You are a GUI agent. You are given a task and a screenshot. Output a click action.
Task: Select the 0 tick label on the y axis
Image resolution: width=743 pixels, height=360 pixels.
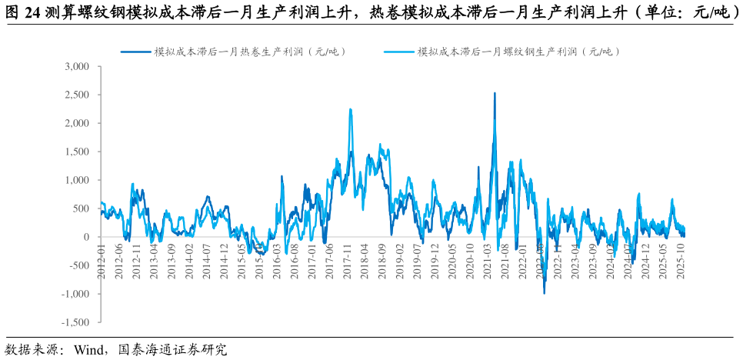pos(86,237)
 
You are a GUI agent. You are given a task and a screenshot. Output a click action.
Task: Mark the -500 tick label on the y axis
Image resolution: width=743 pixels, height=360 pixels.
pos(79,265)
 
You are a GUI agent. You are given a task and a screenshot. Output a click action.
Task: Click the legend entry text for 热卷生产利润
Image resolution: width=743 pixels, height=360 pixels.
pos(250,52)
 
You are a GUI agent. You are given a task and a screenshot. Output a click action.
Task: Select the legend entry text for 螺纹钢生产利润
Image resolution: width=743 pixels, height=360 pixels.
pos(518,52)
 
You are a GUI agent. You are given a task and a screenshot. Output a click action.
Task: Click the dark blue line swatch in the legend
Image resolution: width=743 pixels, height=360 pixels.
pos(135,52)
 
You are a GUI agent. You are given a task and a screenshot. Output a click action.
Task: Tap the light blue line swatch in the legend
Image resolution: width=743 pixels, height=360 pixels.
pos(399,52)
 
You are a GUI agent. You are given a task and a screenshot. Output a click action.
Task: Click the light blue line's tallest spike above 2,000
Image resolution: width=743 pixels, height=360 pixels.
pos(351,109)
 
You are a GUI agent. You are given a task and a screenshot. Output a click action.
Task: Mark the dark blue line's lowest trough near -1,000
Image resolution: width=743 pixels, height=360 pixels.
pos(545,293)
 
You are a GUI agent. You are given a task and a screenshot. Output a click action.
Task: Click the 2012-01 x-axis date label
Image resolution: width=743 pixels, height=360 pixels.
pos(101,262)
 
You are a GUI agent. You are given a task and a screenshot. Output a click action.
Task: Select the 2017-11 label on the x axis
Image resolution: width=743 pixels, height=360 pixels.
pos(348,262)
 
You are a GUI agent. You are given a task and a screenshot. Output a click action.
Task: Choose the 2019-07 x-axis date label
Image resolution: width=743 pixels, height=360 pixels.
pos(418,262)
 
